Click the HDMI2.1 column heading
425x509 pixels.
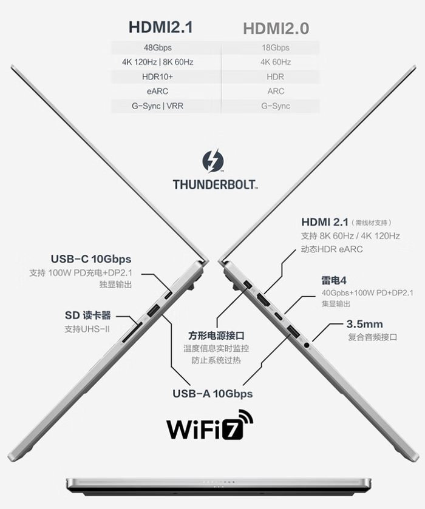pyautogui.click(x=160, y=27)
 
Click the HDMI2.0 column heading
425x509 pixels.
pyautogui.click(x=276, y=29)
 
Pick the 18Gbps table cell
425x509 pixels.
pyautogui.click(x=276, y=48)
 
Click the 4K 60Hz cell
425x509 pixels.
pyautogui.click(x=276, y=62)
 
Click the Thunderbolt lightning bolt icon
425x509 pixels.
pyautogui.click(x=213, y=161)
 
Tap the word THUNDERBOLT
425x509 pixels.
pyautogui.click(x=215, y=184)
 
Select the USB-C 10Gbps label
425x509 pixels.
pyautogui.click(x=91, y=259)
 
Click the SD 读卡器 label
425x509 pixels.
pyautogui.click(x=88, y=315)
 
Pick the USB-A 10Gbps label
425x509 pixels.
pyautogui.click(x=212, y=394)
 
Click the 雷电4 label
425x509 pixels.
pyautogui.click(x=333, y=280)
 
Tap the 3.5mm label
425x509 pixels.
pyautogui.click(x=364, y=324)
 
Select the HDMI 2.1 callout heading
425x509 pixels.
pyautogui.click(x=325, y=222)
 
